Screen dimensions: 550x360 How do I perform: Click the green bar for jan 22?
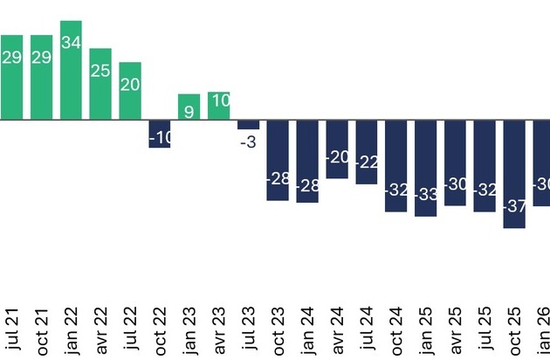pos(71,70)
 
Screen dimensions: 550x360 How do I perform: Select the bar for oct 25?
pos(514,174)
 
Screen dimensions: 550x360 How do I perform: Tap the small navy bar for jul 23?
pos(248,124)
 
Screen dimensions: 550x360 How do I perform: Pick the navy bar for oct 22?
pos(160,134)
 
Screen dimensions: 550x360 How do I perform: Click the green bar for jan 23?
pos(189,107)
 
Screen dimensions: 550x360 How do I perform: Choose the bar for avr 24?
pos(337,149)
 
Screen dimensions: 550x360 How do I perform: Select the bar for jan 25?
pos(425,168)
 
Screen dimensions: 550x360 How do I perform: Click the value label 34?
pos(72,43)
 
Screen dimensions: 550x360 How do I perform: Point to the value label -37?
pos(514,206)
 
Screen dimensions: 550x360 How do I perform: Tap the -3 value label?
pos(248,142)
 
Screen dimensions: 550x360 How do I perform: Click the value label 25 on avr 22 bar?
pos(100,71)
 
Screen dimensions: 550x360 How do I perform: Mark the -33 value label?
pos(426,195)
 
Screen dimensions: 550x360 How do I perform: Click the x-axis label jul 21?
pos(12,329)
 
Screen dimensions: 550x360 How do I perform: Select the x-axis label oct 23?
pos(278,331)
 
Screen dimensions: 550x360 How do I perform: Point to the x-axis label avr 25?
pos(455,331)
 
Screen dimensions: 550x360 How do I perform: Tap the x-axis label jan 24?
pos(307,331)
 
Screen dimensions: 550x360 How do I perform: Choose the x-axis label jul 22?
pos(130,329)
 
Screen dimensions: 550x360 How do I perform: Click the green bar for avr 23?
pos(218,106)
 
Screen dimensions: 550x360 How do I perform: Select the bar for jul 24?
pos(367,152)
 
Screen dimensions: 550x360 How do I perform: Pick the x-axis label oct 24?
pos(396,331)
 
